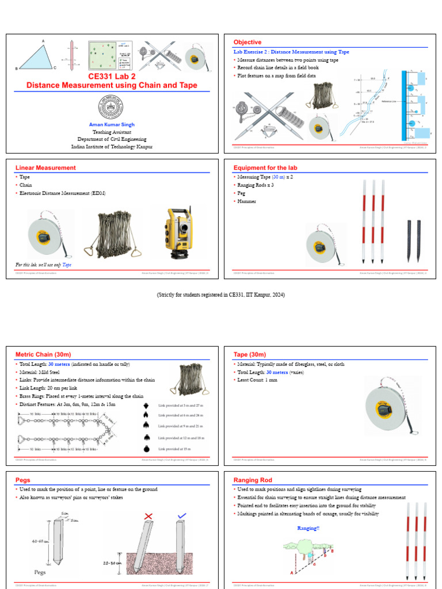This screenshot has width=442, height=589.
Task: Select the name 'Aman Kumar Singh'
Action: (x=112, y=124)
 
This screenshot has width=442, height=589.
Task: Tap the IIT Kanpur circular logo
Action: (x=112, y=108)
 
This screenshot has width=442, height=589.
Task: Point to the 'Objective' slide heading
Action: (x=247, y=43)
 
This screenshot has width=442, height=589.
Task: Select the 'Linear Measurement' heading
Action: (x=45, y=168)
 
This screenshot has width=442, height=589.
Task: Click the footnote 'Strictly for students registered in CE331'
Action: (x=221, y=295)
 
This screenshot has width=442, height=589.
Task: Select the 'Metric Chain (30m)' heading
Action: (x=43, y=355)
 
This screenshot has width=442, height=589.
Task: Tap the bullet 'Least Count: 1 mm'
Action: (x=256, y=380)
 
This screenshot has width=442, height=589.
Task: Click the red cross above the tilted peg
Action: (x=148, y=517)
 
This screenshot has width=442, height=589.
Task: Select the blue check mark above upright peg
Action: (x=182, y=515)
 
